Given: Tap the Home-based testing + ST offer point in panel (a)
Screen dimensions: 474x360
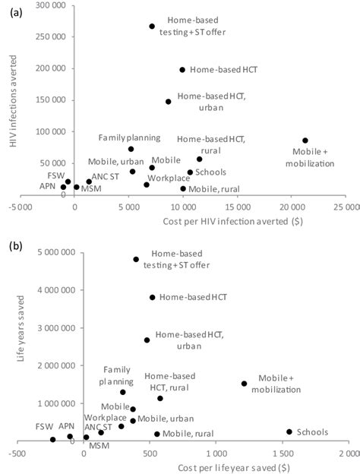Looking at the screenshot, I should pyautogui.click(x=152, y=27).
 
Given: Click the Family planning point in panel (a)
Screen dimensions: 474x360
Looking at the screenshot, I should pyautogui.click(x=131, y=149).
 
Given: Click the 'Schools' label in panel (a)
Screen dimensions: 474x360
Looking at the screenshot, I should pyautogui.click(x=212, y=172).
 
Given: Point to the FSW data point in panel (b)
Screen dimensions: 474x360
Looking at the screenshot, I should pyautogui.click(x=53, y=439).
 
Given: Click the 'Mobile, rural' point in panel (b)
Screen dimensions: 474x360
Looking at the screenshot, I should pyautogui.click(x=157, y=434).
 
